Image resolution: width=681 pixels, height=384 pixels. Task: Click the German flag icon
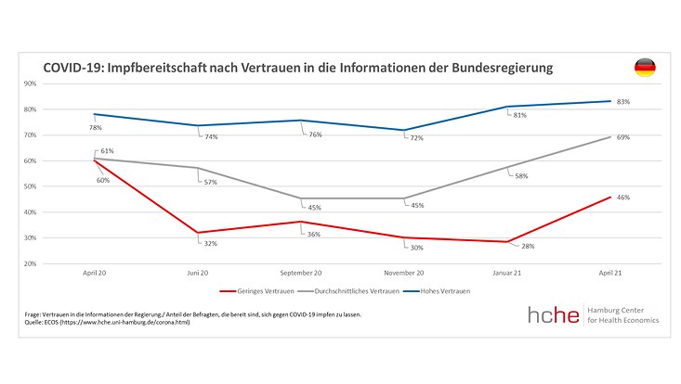click(x=644, y=67)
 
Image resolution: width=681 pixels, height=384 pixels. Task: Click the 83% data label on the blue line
click(x=623, y=101)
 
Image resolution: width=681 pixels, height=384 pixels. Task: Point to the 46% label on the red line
click(x=623, y=198)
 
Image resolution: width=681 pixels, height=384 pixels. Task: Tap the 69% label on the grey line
click(x=623, y=137)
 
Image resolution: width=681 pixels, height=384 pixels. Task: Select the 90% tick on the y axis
click(x=31, y=83)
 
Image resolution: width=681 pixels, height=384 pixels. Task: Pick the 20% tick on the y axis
click(x=31, y=263)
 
